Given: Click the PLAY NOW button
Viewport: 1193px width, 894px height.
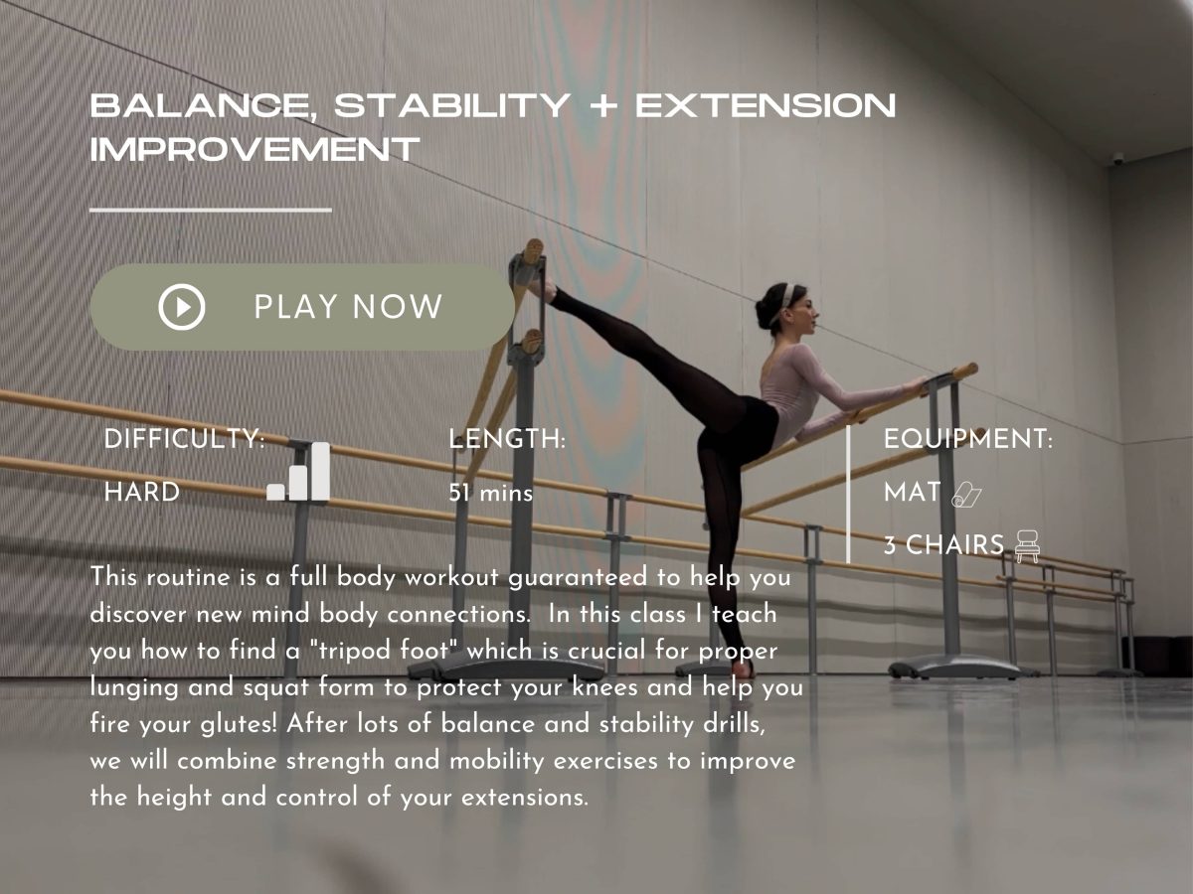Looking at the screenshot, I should pyautogui.click(x=302, y=307).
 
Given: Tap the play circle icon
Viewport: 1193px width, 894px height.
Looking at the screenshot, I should pyautogui.click(x=182, y=307).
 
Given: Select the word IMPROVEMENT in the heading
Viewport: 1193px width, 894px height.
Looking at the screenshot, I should pyautogui.click(x=255, y=150).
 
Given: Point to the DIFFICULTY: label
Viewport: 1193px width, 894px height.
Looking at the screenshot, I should pyautogui.click(x=184, y=439).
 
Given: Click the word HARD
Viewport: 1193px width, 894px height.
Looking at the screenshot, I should pyautogui.click(x=142, y=492).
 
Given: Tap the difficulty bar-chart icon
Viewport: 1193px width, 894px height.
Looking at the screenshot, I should pyautogui.click(x=298, y=473).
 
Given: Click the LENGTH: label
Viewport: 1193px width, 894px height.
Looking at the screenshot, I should pyautogui.click(x=507, y=439).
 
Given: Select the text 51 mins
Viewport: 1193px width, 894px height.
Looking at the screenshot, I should pyautogui.click(x=491, y=493).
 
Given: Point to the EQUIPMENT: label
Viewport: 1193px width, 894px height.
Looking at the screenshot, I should pyautogui.click(x=967, y=439).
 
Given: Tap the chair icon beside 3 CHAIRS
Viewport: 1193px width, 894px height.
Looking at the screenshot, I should pyautogui.click(x=1028, y=545).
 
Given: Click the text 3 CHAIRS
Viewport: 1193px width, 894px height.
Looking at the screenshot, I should pyautogui.click(x=943, y=545).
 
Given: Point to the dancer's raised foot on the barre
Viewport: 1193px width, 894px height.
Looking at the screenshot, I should pyautogui.click(x=542, y=288).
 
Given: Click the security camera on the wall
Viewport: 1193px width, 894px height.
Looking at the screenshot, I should pyautogui.click(x=1119, y=158).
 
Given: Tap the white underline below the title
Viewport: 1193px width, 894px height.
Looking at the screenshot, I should pyautogui.click(x=210, y=210).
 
